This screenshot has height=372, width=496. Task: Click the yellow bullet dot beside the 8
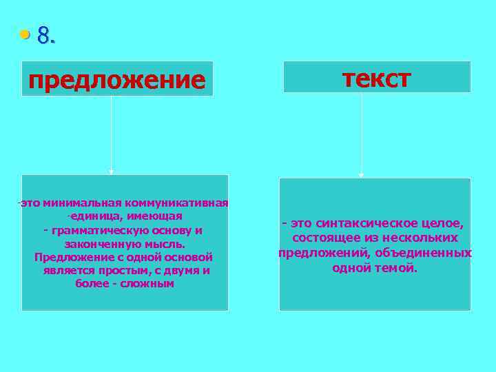(25, 34)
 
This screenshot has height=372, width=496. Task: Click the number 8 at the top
(44, 35)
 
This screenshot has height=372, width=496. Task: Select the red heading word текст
(377, 79)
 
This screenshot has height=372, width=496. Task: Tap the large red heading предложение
(117, 81)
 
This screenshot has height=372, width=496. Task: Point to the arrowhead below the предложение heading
(112, 171)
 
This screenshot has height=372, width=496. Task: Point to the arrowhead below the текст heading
(362, 175)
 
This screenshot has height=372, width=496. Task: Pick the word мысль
(165, 243)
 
